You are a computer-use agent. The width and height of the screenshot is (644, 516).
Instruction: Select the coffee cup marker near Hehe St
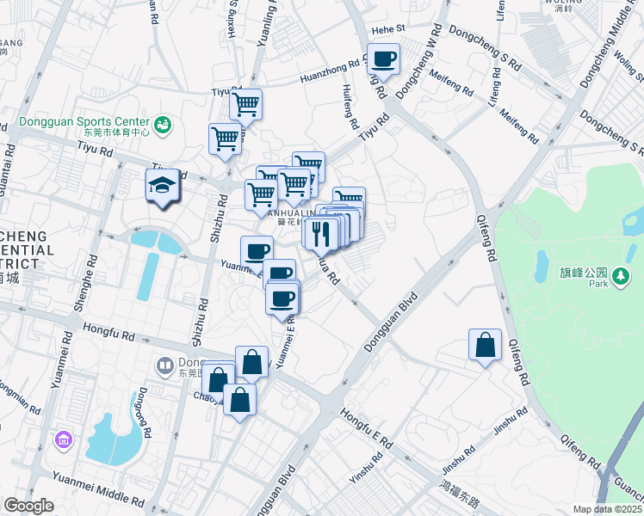[x=384, y=59]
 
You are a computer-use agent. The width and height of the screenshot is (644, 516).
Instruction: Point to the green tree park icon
[x=620, y=276]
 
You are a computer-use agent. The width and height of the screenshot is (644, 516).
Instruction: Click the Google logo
[x=28, y=506]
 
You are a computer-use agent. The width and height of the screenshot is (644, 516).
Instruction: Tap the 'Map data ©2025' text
[x=606, y=509]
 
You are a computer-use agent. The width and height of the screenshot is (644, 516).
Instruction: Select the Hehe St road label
[x=412, y=28]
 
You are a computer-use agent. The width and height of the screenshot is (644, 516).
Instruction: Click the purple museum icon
[x=62, y=441]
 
